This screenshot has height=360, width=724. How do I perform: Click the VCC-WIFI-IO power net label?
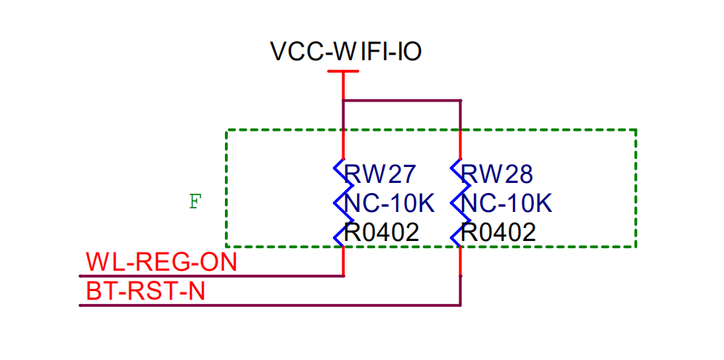tap(345, 52)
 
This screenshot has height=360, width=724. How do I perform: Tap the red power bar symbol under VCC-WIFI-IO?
tap(343, 72)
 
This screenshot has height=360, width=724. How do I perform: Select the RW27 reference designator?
tap(379, 174)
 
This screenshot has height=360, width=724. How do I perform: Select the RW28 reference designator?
tap(497, 174)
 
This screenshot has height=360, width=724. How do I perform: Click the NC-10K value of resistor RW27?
tap(390, 203)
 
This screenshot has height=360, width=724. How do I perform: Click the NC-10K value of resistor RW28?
tap(506, 203)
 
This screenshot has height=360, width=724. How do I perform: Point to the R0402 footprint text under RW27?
tap(382, 232)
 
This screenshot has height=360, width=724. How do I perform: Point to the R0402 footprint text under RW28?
tap(498, 232)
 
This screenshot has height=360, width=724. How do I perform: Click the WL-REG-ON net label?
tap(161, 261)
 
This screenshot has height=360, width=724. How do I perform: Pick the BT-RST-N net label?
tap(145, 291)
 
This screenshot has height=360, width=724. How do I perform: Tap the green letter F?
tap(194, 202)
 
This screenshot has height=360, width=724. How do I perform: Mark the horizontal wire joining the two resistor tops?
tap(402, 101)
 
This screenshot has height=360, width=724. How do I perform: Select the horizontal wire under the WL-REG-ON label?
tap(210, 276)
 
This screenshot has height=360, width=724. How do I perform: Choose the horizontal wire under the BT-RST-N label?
tap(268, 306)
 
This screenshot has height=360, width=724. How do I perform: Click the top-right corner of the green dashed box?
tap(636, 130)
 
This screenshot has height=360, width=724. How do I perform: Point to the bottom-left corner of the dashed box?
tap(227, 247)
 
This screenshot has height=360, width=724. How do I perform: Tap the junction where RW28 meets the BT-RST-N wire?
tap(461, 305)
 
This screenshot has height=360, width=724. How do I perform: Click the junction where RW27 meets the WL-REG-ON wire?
tap(343, 276)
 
